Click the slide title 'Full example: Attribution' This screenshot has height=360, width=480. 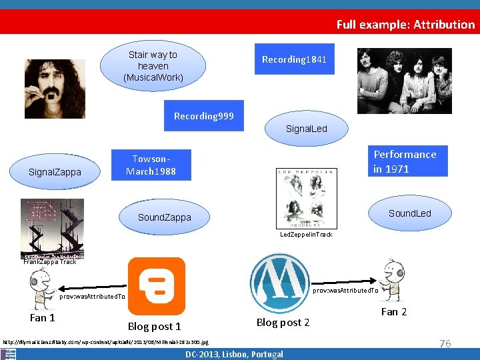pyautogui.click(x=405, y=25)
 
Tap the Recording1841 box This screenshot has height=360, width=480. pyautogui.click(x=294, y=60)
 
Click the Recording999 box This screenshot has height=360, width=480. pyautogui.click(x=204, y=116)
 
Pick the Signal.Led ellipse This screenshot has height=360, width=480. pyautogui.click(x=306, y=129)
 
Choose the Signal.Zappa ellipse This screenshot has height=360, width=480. pyautogui.click(x=55, y=172)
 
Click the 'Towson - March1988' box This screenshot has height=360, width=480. pyautogui.click(x=151, y=165)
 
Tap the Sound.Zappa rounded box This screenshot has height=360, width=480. pyautogui.click(x=164, y=217)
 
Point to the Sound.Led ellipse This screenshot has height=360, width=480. pyautogui.click(x=409, y=213)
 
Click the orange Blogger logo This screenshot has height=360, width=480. pyautogui.click(x=156, y=286)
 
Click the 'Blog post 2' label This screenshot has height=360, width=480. pyautogui.click(x=283, y=323)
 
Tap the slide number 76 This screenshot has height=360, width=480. pyautogui.click(x=445, y=343)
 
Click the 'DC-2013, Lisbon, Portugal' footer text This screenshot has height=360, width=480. pyautogui.click(x=234, y=354)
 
